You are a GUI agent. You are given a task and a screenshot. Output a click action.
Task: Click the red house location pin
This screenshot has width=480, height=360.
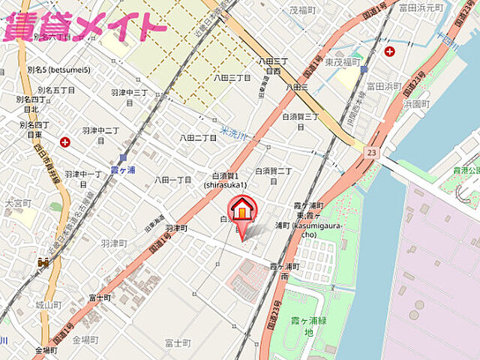point(242,211)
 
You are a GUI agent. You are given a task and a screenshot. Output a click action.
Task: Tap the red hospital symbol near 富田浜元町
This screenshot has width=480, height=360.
point(389,51)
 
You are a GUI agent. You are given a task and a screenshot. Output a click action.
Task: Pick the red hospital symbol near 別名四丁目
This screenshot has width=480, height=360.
point(65,141)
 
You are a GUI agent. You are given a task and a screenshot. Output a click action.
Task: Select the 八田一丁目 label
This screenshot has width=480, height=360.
point(173,180)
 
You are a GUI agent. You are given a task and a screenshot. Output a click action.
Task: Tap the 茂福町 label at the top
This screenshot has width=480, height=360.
point(304,10)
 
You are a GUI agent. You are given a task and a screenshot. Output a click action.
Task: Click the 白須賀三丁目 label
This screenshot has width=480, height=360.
point(301,121)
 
